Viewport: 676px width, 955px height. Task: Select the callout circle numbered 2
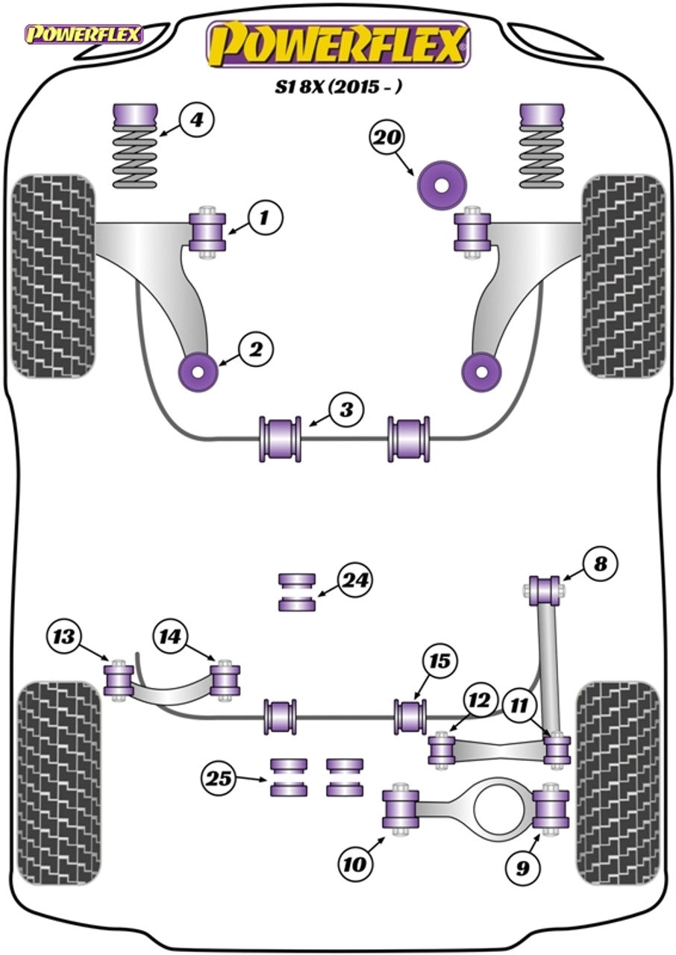[x=257, y=348]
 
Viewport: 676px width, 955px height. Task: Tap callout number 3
[x=345, y=410]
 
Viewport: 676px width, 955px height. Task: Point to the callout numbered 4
[x=196, y=119]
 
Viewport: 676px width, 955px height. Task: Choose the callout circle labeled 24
[x=355, y=580]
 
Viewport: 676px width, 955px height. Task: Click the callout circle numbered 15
[x=442, y=661]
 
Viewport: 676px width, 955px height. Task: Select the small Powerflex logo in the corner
[x=82, y=34]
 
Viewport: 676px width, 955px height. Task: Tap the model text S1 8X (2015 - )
[x=338, y=87]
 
